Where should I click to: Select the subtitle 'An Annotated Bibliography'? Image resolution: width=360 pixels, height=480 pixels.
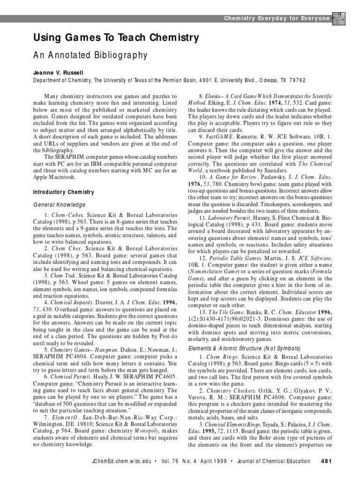tap(90, 56)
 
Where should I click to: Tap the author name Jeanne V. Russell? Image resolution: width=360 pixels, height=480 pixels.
tap(58, 73)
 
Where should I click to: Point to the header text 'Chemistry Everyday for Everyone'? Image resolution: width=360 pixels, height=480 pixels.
tap(277, 18)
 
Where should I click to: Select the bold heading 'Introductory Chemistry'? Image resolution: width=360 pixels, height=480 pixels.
tap(63, 192)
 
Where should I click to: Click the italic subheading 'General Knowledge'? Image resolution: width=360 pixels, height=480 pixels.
tap(59, 205)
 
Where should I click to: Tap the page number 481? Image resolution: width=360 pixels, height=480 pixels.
tap(326, 461)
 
